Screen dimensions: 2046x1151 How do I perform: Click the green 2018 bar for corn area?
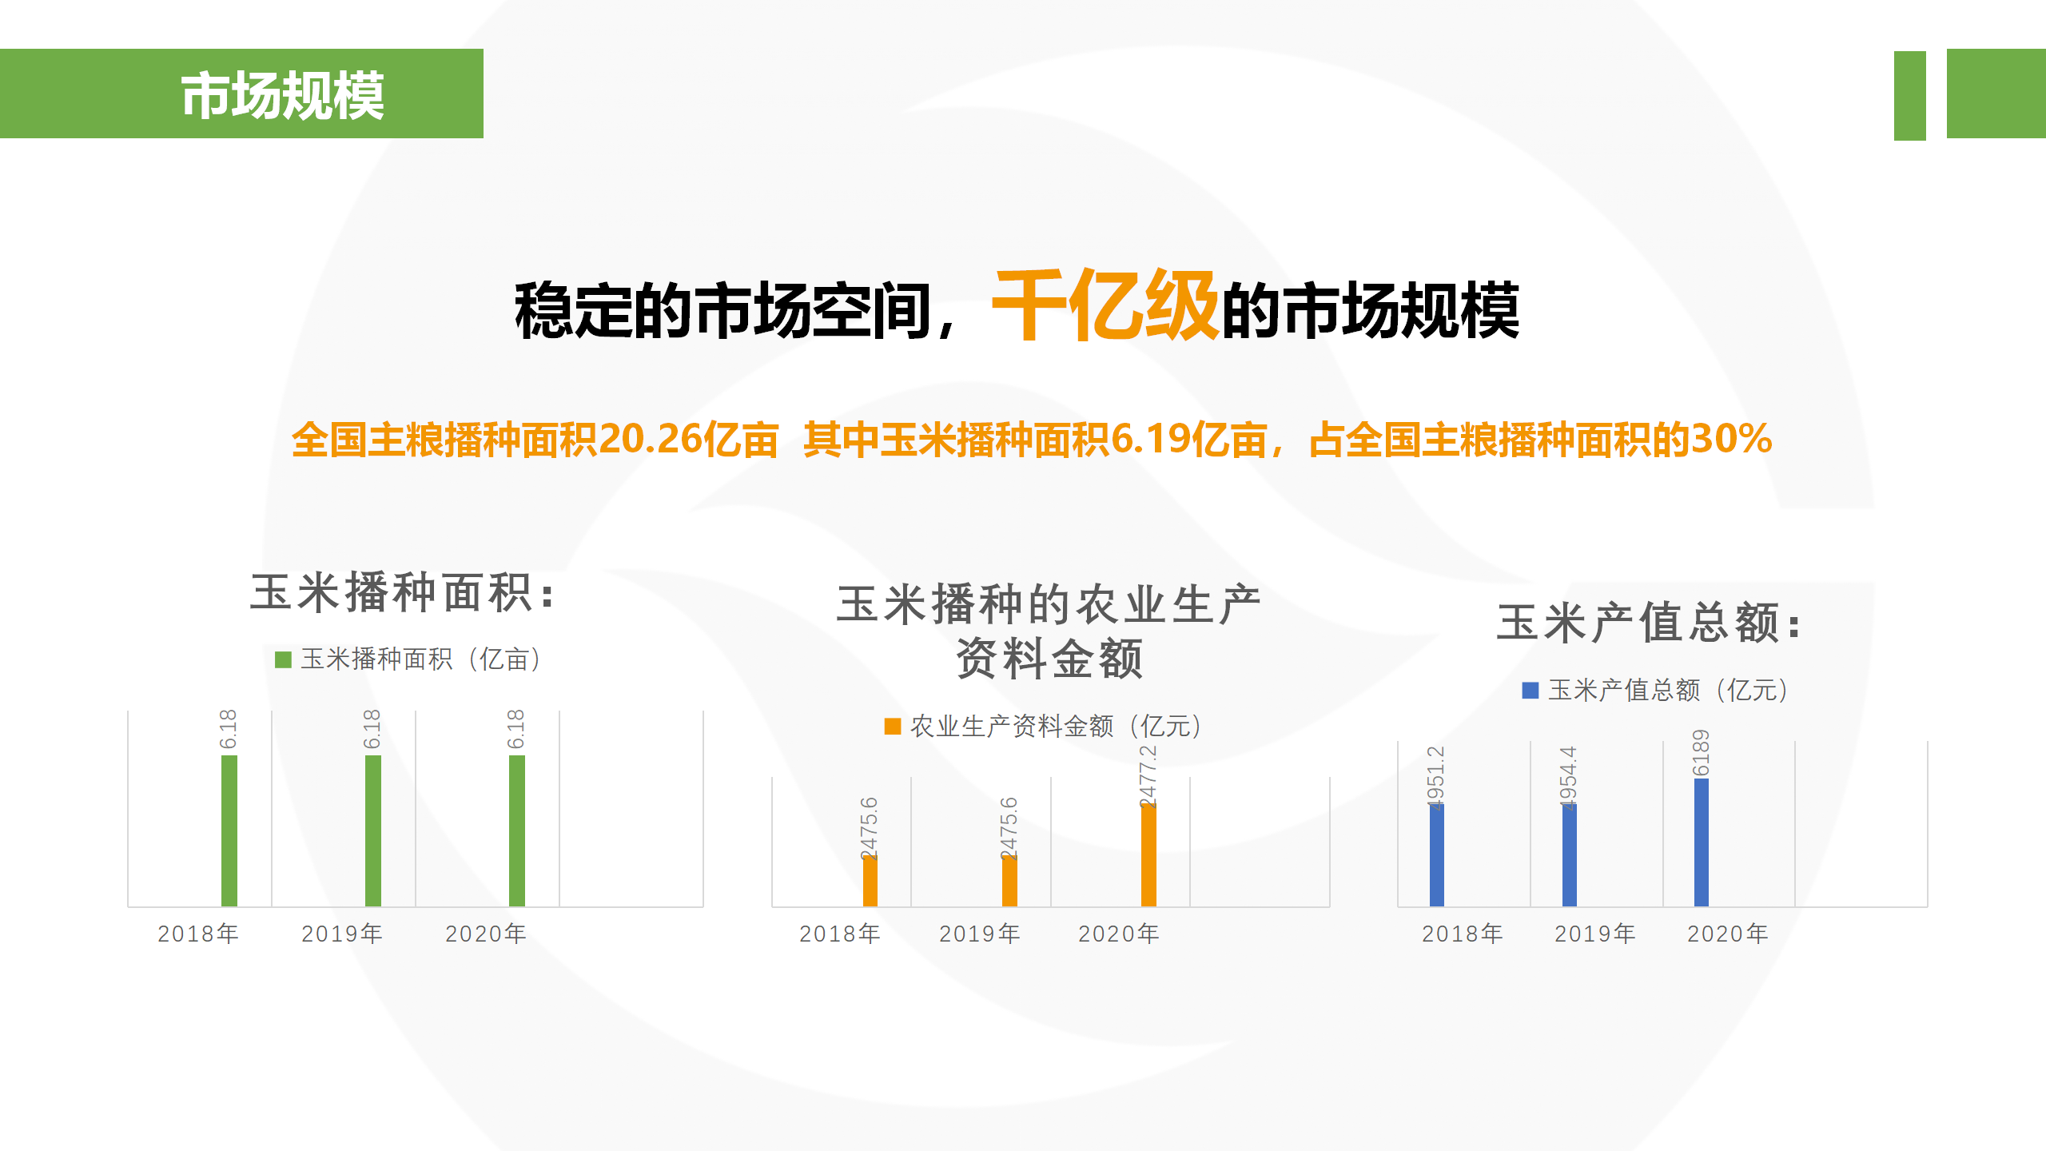pyautogui.click(x=229, y=830)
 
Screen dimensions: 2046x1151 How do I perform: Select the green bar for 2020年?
pyautogui.click(x=517, y=830)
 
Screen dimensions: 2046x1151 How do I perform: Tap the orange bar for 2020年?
pyautogui.click(x=1148, y=856)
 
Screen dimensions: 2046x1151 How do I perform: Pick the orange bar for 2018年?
pyautogui.click(x=870, y=881)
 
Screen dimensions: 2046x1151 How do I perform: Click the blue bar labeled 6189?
pyautogui.click(x=1702, y=842)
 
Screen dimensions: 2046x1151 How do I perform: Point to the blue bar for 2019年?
pyautogui.click(x=1570, y=855)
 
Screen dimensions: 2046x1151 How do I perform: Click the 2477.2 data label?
pyautogui.click(x=1148, y=775)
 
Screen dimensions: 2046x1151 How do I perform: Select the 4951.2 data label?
pyautogui.click(x=1436, y=777)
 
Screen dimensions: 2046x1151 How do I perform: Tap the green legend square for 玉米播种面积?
pyautogui.click(x=283, y=659)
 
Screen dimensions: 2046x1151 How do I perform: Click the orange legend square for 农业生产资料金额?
pyautogui.click(x=893, y=726)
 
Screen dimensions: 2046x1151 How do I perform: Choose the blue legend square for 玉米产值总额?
pyautogui.click(x=1531, y=690)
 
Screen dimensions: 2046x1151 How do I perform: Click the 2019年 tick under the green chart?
pyautogui.click(x=342, y=934)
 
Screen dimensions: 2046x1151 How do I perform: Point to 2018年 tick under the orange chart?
pyautogui.click(x=840, y=934)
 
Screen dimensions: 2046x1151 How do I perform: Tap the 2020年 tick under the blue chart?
pyautogui.click(x=1728, y=934)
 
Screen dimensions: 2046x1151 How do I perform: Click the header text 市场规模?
pyautogui.click(x=283, y=95)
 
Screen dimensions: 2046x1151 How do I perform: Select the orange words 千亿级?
pyautogui.click(x=1105, y=305)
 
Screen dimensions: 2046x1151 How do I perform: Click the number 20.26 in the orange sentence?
pyautogui.click(x=650, y=439)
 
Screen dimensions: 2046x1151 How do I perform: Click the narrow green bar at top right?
pyautogui.click(x=1910, y=95)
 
